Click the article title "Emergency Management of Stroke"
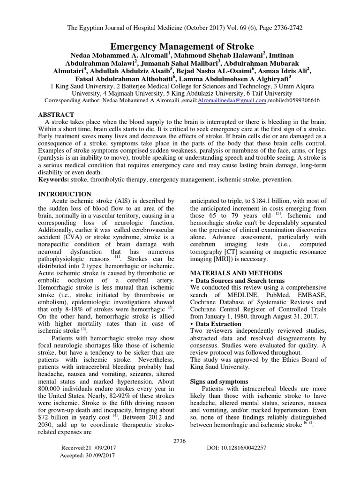click(182, 46)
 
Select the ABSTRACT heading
click(56, 114)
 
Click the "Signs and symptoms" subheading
click(213, 381)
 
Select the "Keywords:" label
click(53, 180)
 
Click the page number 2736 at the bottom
click(180, 440)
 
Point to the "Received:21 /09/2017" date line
click(88, 448)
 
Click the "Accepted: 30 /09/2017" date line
click(88, 455)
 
